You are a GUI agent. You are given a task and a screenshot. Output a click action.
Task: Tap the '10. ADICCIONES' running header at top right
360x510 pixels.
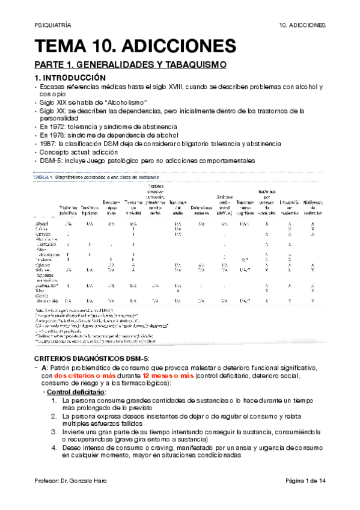click(x=303, y=25)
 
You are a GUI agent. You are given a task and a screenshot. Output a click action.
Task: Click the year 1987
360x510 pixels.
click(x=49, y=144)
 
